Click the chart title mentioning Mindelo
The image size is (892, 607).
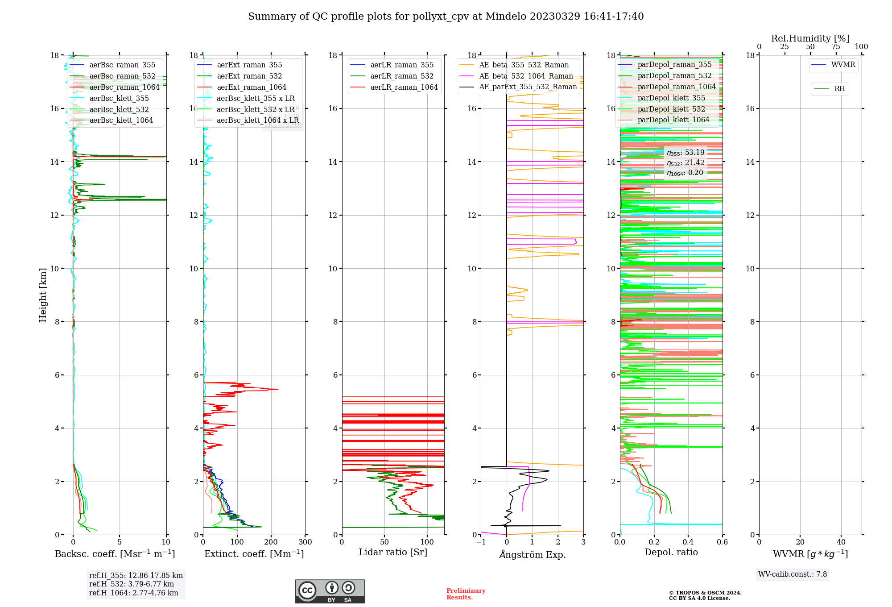click(x=446, y=17)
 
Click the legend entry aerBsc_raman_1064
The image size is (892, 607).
click(x=124, y=87)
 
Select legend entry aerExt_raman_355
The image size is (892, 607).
click(x=249, y=65)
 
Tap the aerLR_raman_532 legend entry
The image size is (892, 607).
click(x=402, y=76)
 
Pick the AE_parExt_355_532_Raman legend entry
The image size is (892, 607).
click(x=528, y=87)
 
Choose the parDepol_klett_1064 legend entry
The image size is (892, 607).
click(x=673, y=120)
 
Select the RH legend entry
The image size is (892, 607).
click(x=839, y=89)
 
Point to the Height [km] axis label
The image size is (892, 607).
click(x=43, y=295)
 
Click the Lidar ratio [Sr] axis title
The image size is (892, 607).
click(x=393, y=552)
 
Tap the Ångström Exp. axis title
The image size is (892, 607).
click(x=532, y=554)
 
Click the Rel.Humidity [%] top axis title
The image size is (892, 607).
click(x=810, y=38)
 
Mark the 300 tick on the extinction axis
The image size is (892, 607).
click(x=305, y=542)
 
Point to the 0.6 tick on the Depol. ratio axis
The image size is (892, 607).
click(x=722, y=542)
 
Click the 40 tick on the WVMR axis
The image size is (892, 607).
click(x=841, y=542)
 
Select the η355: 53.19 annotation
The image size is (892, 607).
click(x=686, y=153)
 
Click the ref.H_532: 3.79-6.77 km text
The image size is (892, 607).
click(x=132, y=584)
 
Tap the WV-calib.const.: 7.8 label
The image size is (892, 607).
click(x=793, y=574)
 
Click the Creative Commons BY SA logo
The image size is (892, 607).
click(x=330, y=591)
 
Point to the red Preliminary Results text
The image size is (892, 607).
click(x=466, y=594)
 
